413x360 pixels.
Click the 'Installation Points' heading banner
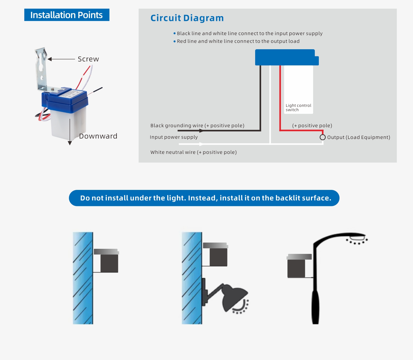67,15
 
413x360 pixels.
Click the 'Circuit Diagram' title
187,18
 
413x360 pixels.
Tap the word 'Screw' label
89,59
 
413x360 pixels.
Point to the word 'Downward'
98,136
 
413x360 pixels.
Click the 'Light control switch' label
298,108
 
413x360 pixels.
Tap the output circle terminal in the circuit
322,137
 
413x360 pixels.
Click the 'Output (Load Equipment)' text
358,137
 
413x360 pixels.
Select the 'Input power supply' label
174,137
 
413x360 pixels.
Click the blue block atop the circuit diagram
287,57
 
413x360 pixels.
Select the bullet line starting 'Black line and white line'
248,33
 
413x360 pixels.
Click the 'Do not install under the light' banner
204,198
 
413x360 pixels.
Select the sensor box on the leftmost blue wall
106,261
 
